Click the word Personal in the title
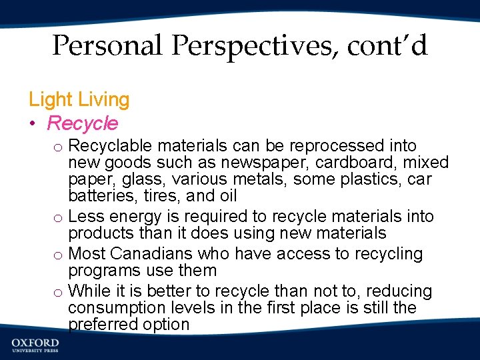click(x=107, y=46)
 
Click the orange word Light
click(x=50, y=100)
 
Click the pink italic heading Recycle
click(x=83, y=123)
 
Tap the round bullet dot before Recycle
click(x=33, y=124)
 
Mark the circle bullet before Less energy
click(x=59, y=218)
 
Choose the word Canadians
click(x=146, y=254)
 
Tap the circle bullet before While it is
click(x=59, y=293)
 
